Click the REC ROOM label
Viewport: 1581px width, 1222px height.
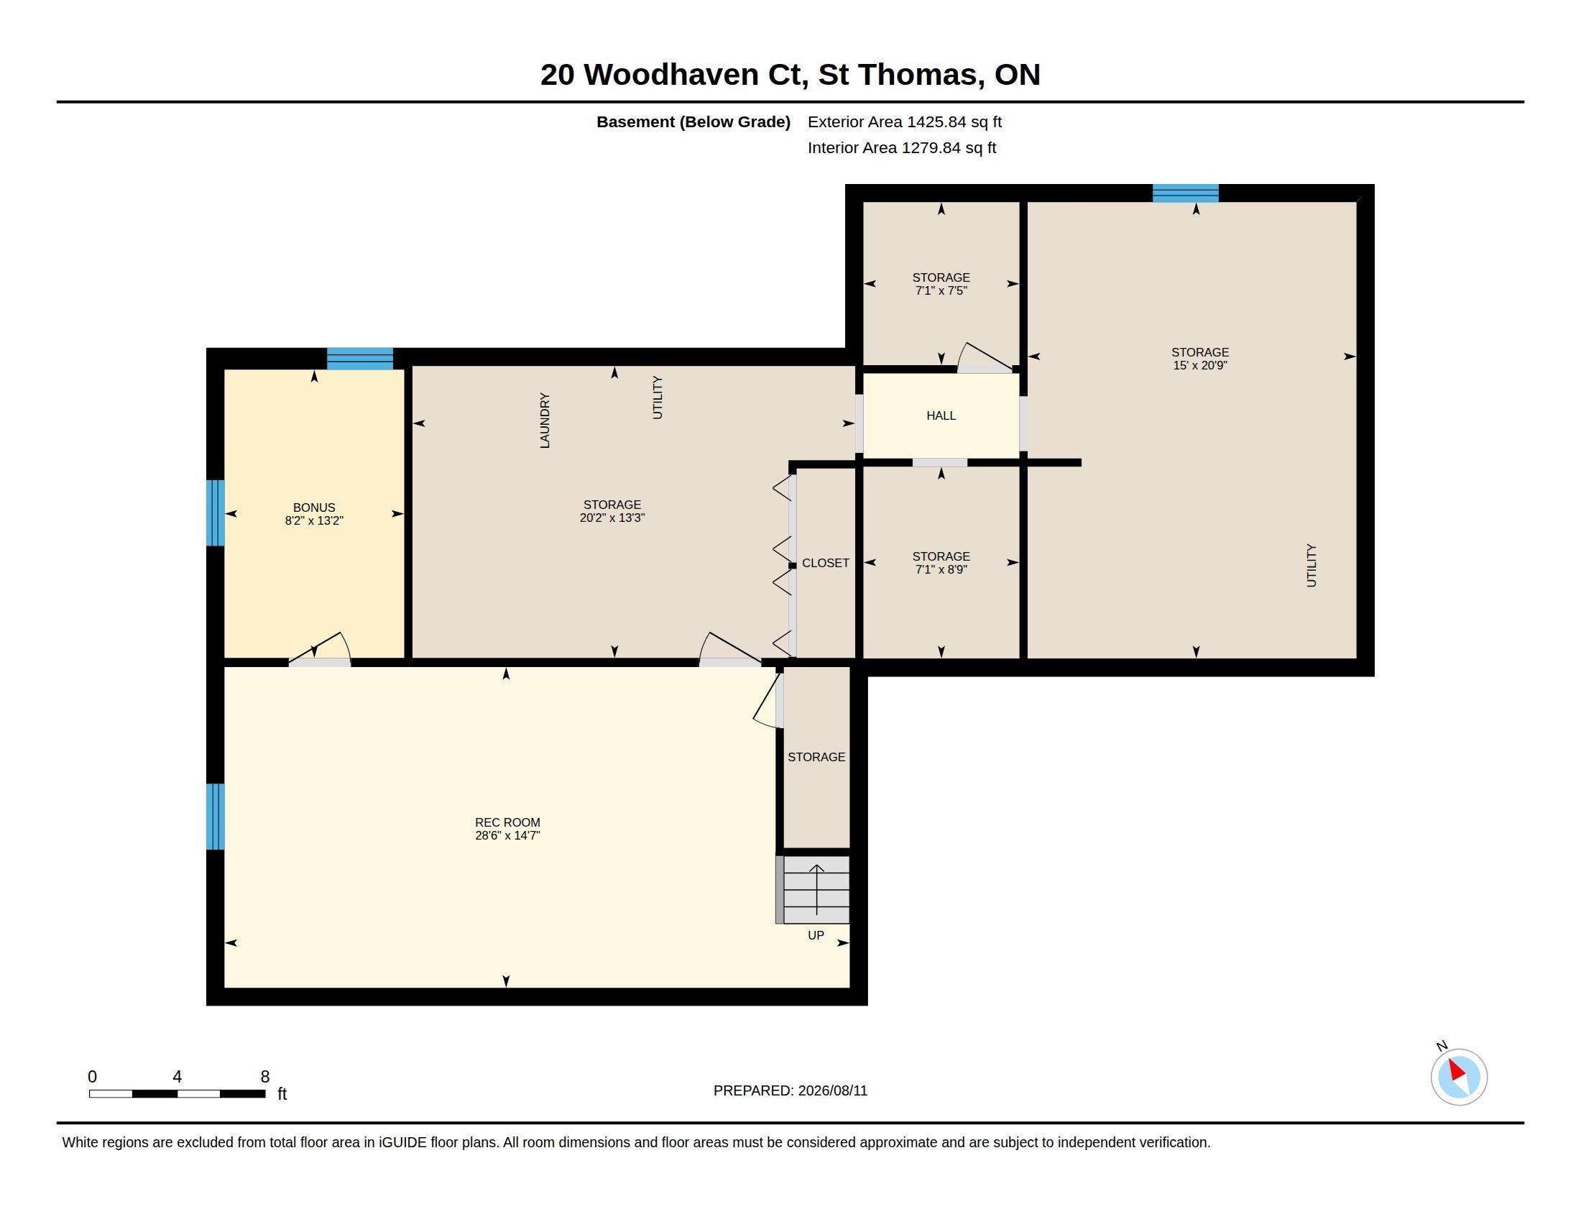click(x=507, y=822)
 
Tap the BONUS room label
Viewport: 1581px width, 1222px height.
click(x=314, y=507)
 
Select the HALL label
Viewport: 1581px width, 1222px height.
click(x=941, y=415)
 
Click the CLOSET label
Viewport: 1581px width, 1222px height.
click(x=825, y=563)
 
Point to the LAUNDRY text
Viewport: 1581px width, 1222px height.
click(x=545, y=421)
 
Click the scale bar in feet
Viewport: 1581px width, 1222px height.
click(x=178, y=1093)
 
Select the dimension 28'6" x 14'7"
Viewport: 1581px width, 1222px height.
click(x=507, y=835)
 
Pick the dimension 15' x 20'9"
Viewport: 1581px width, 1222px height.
click(x=1200, y=366)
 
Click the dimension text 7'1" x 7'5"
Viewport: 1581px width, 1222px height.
click(x=941, y=291)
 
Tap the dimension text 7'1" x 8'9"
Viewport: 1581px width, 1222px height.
click(x=941, y=570)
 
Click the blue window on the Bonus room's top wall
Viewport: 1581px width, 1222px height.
click(x=360, y=359)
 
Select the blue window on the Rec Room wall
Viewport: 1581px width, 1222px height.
click(x=215, y=817)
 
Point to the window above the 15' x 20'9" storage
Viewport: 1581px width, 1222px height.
click(x=1186, y=193)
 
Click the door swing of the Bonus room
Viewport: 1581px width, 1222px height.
click(x=320, y=648)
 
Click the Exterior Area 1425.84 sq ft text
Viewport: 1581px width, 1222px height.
click(x=905, y=121)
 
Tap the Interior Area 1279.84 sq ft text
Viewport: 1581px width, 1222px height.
click(x=902, y=147)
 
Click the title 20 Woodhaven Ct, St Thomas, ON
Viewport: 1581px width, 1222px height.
click(x=790, y=75)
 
